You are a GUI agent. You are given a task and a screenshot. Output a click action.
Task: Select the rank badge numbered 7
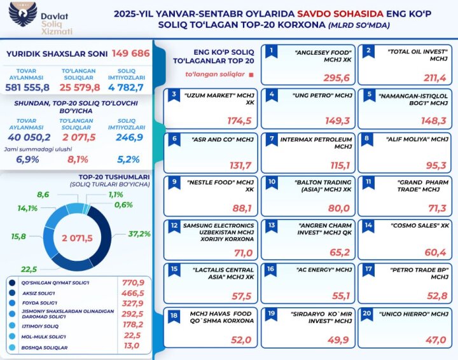[272, 137]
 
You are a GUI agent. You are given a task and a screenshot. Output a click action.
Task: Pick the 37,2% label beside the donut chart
[139, 234]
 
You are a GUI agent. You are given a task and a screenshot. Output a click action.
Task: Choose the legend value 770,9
[133, 282]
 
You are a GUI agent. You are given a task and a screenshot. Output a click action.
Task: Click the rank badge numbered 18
[174, 314]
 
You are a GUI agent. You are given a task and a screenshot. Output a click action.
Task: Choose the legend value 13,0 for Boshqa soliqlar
[133, 347]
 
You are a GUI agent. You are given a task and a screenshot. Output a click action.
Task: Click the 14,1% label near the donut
[27, 207]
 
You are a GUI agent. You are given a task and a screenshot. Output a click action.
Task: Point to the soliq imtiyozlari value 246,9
[130, 137]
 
